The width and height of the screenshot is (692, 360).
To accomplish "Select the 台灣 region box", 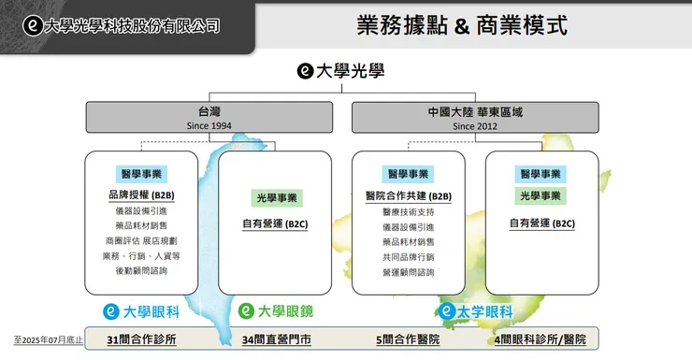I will tap(209, 118).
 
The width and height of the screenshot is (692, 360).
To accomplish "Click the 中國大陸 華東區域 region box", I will tap(475, 118).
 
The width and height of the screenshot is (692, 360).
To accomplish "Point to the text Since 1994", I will tap(209, 125).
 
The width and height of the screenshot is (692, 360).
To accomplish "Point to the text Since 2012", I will tap(475, 125).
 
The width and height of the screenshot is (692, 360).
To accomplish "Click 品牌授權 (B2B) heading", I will tap(141, 195).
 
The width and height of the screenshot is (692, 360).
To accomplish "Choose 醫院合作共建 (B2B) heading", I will tap(409, 196).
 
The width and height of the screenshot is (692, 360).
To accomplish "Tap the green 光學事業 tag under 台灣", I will tap(276, 198).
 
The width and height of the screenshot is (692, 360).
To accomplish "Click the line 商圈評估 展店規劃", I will tap(141, 240).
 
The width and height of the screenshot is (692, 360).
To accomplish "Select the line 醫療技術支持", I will tap(409, 212).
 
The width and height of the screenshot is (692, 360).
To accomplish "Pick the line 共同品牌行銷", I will tap(409, 256).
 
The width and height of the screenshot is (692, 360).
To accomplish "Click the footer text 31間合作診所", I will tap(141, 339).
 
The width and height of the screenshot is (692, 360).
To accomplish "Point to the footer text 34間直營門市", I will tap(276, 339).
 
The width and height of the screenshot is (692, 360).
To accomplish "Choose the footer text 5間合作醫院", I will tap(408, 339).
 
